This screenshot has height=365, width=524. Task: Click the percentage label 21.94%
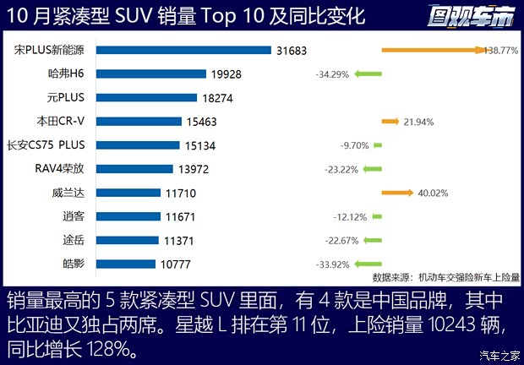click(419, 122)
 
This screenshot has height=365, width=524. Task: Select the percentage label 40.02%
click(432, 193)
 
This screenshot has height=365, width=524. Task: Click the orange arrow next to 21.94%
click(390, 122)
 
